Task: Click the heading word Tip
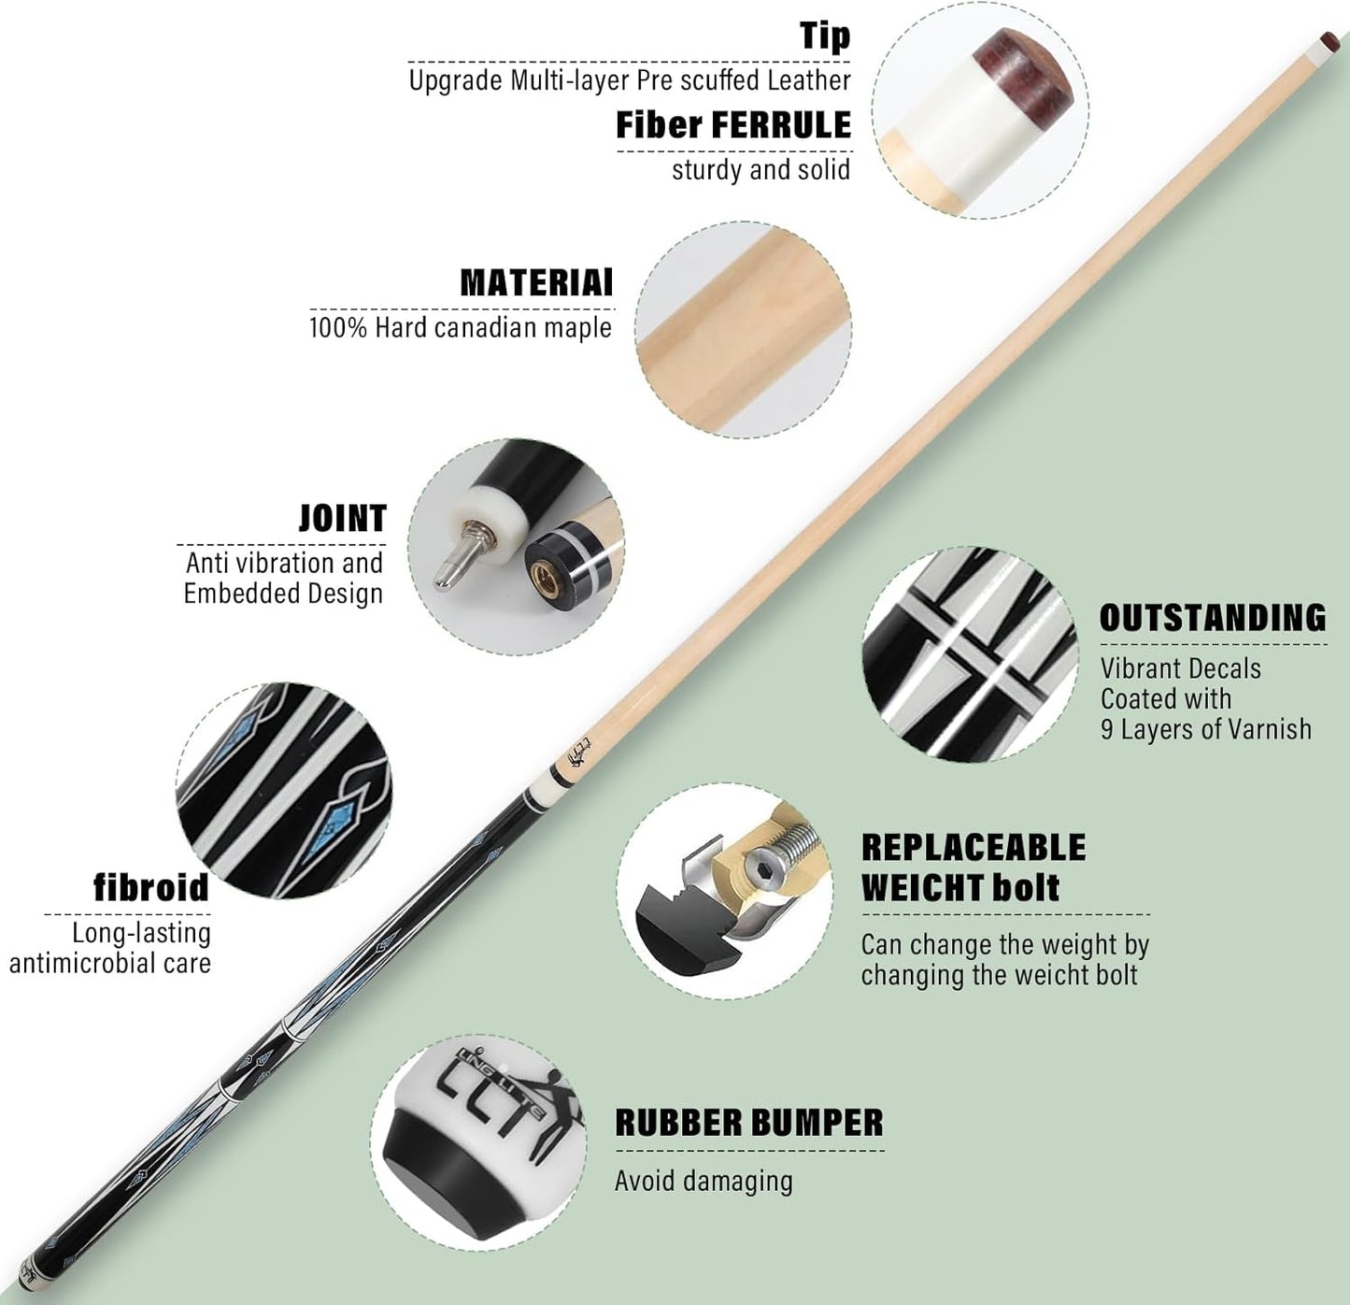click(x=825, y=36)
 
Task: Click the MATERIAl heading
click(x=536, y=282)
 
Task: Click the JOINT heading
click(x=342, y=518)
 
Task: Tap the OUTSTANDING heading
click(x=1213, y=617)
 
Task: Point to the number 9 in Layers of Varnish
click(x=1107, y=729)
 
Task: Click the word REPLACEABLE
click(x=973, y=847)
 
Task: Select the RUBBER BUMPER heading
click(x=749, y=1123)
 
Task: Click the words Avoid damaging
click(x=703, y=1181)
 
